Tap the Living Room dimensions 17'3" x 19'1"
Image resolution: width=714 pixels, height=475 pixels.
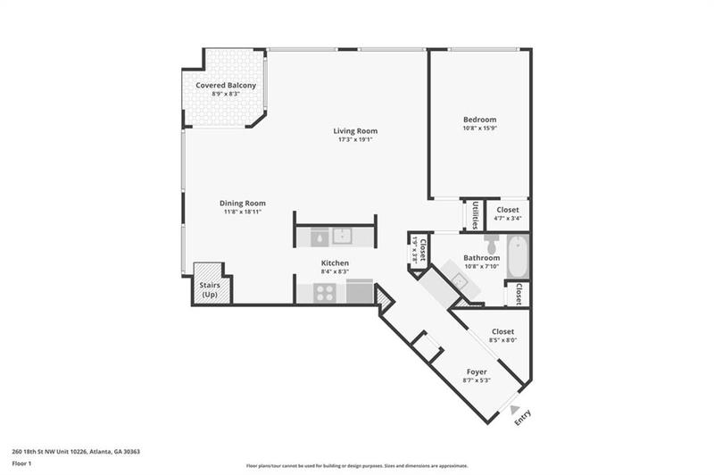click(354, 139)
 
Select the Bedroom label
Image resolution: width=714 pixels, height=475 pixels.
click(479, 120)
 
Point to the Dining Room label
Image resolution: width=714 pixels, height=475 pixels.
click(243, 204)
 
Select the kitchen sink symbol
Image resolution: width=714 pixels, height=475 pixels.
click(343, 237)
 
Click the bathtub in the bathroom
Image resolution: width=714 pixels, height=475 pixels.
click(517, 257)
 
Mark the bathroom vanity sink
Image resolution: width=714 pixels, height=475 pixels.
click(459, 282)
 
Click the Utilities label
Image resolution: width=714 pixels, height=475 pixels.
click(476, 215)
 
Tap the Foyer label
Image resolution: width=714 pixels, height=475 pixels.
click(477, 371)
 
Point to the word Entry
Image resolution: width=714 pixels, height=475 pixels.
click(524, 417)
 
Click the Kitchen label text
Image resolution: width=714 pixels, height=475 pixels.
click(335, 263)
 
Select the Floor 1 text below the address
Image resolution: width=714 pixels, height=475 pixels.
click(22, 464)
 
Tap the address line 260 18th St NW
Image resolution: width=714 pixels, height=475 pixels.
click(76, 452)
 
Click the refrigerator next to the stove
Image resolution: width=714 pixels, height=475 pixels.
click(360, 291)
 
